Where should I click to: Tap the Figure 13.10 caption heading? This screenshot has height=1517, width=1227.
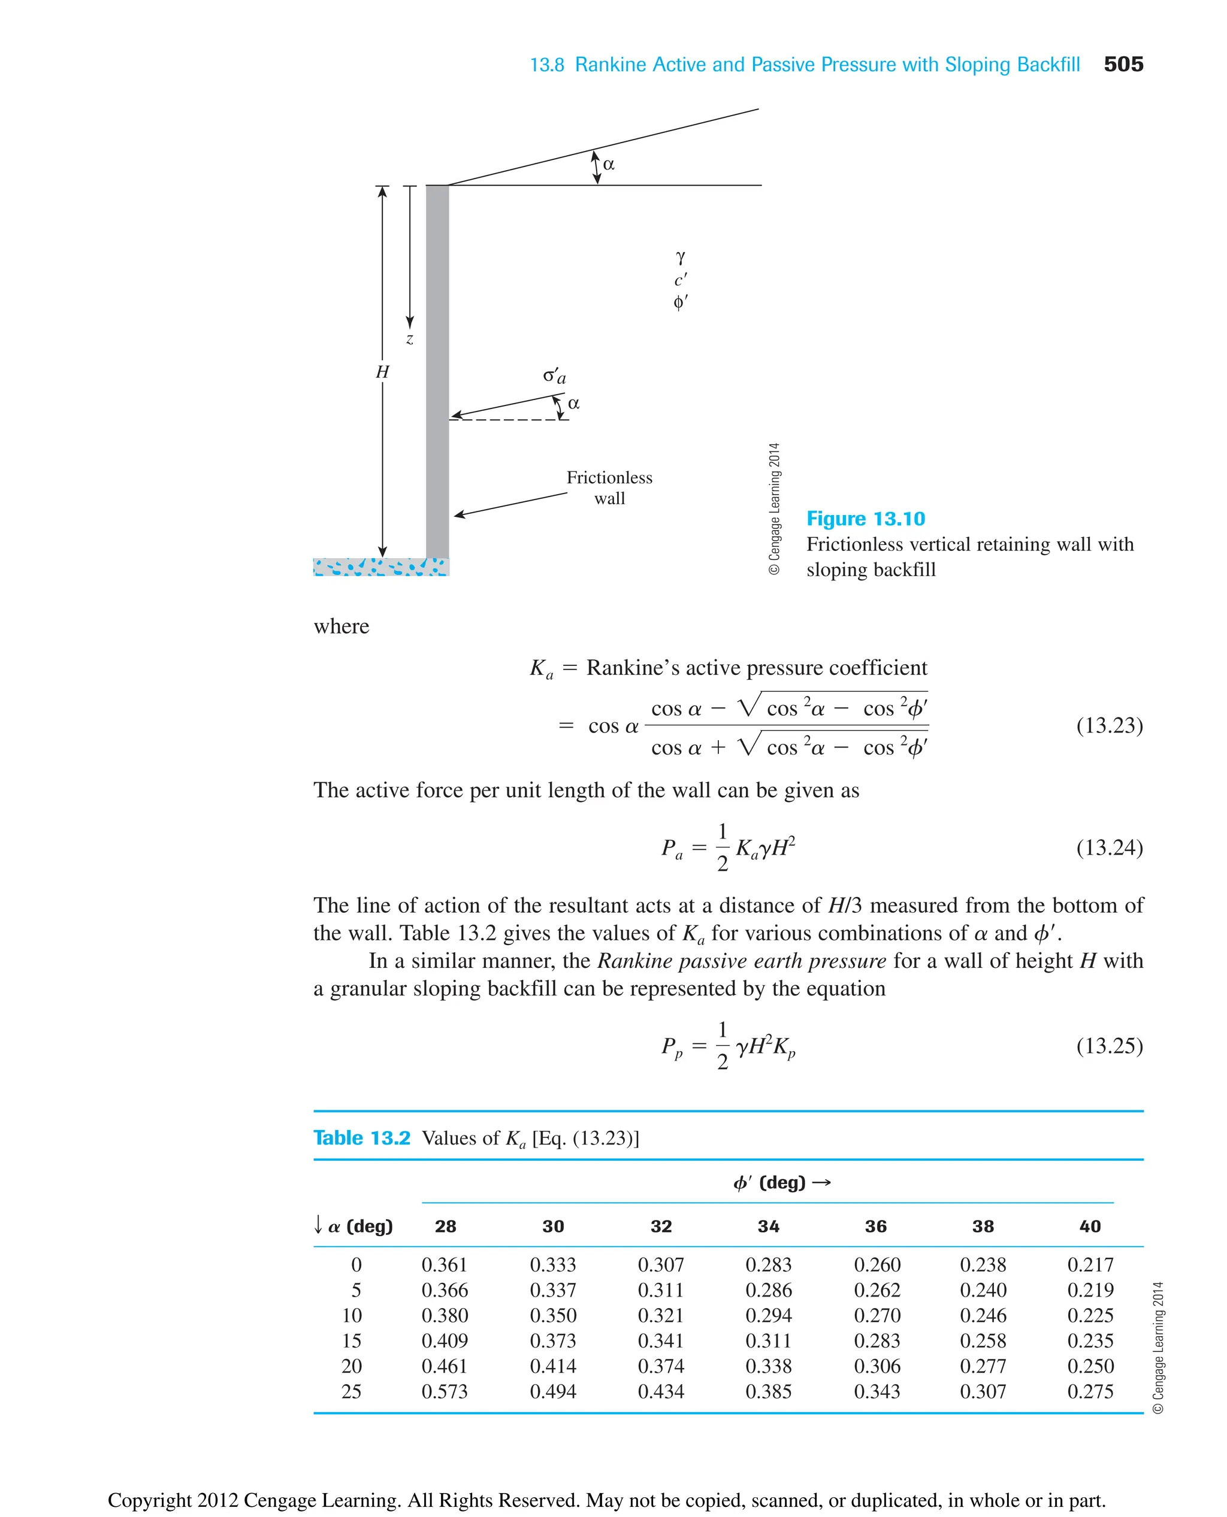tap(865, 519)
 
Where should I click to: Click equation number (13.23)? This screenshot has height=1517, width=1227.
tap(1109, 726)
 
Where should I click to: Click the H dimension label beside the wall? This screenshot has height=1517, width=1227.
tap(382, 372)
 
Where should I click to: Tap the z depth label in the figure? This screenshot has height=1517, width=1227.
tap(409, 339)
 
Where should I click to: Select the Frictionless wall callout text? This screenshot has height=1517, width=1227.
tap(609, 488)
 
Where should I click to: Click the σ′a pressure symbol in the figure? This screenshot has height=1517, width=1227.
tap(554, 376)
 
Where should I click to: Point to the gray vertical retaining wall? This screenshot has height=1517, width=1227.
tap(437, 367)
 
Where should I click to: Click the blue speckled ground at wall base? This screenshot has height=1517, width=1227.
tap(381, 567)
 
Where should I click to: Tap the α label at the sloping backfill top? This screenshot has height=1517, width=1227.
tap(609, 165)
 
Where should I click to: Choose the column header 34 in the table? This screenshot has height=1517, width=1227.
tap(768, 1227)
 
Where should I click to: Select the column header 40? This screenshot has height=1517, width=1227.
tap(1090, 1227)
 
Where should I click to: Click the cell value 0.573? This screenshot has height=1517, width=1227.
tap(445, 1391)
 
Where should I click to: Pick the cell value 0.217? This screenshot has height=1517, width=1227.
tap(1090, 1265)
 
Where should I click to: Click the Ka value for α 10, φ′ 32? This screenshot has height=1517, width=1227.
tap(661, 1315)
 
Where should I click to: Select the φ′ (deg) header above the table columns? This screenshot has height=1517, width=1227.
tap(781, 1183)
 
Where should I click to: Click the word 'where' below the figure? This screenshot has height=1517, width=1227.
tap(341, 626)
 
